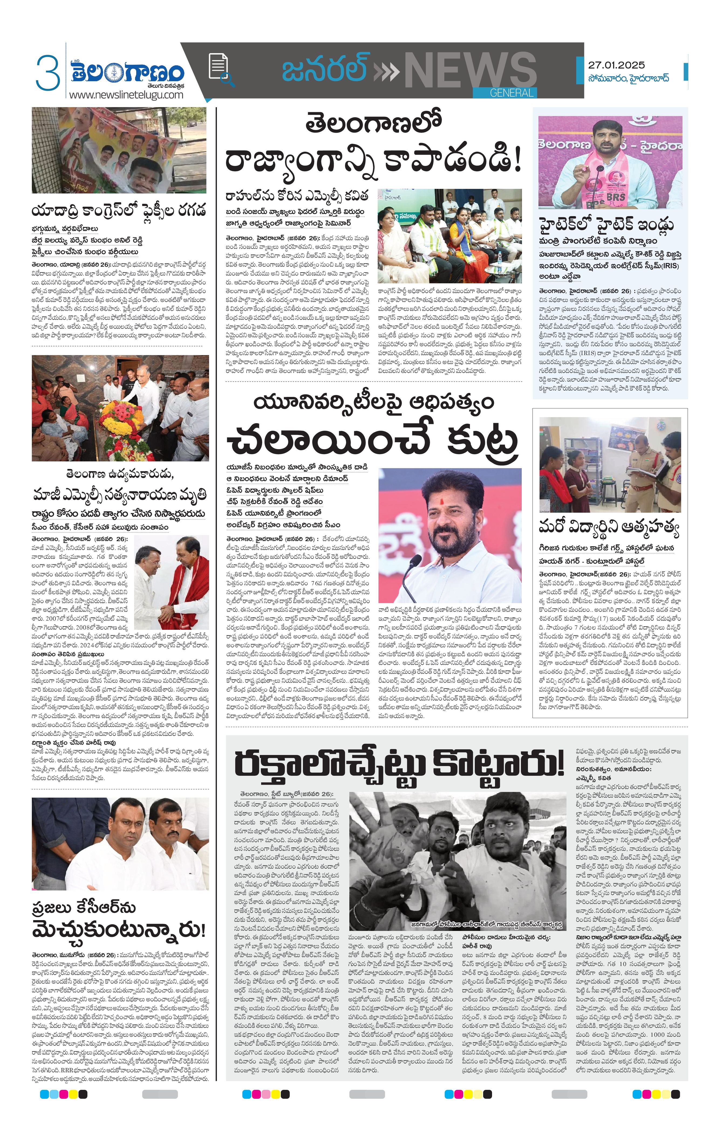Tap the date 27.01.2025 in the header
[616, 65]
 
